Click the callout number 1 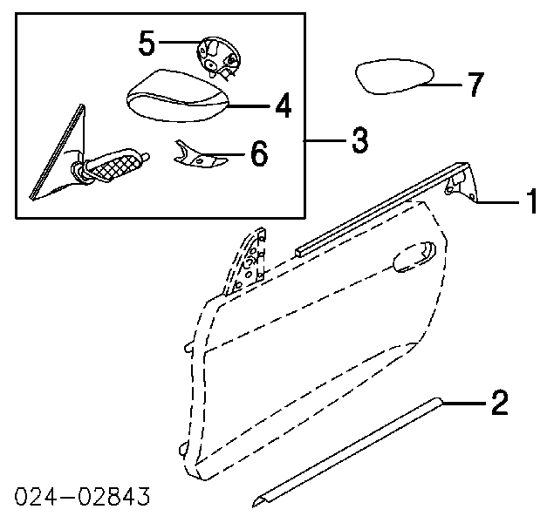point(532,200)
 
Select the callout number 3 point(360,139)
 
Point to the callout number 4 point(284,105)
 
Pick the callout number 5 point(147,43)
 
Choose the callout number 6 point(259,153)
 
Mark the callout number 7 point(475,84)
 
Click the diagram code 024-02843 point(82,496)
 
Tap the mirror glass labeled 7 point(394,77)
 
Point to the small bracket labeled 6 point(199,156)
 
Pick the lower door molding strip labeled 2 point(346,452)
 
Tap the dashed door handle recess point(414,256)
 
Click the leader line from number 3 point(325,140)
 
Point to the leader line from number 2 point(464,404)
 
